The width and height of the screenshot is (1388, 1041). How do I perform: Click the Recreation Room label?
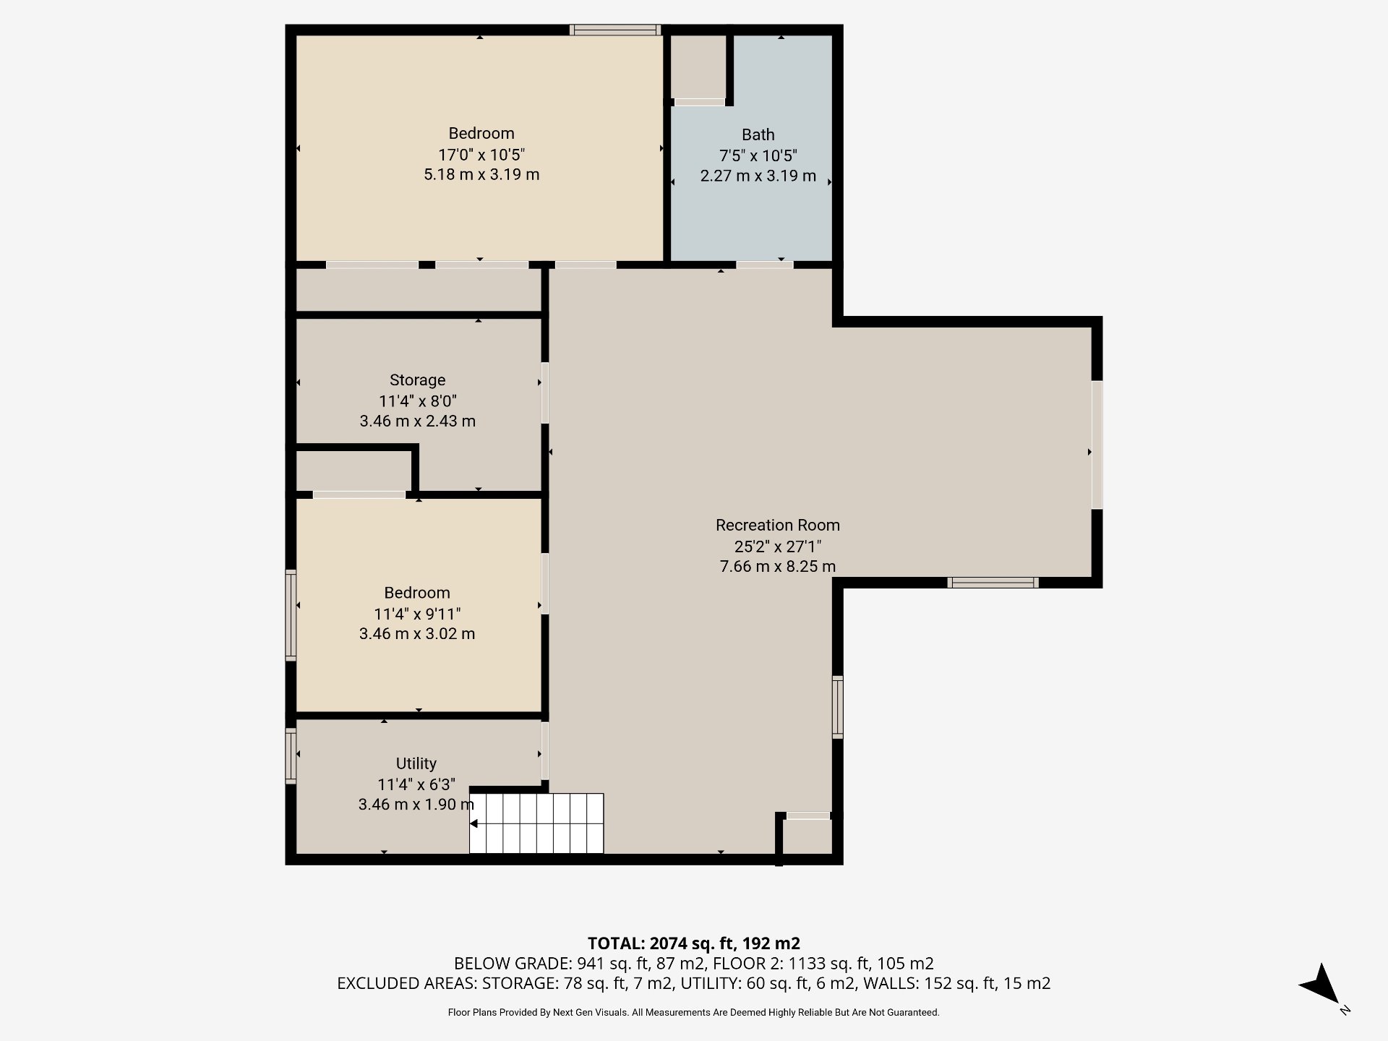(x=777, y=525)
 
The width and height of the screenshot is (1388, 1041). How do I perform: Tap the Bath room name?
(x=758, y=134)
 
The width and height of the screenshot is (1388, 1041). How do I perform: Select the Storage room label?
(x=417, y=380)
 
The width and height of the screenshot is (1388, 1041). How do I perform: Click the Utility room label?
(x=416, y=763)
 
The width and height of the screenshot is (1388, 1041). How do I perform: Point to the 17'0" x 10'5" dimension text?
(x=481, y=154)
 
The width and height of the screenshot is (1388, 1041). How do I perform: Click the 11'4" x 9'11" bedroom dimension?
(x=417, y=614)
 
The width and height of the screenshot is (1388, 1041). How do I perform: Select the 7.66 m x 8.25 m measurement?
(x=777, y=566)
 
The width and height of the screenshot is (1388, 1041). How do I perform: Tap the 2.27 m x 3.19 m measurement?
(x=758, y=176)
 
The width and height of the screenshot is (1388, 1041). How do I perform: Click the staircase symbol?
(x=536, y=823)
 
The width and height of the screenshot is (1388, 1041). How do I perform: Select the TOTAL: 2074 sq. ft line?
(x=693, y=943)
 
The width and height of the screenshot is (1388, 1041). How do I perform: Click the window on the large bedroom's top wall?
(x=614, y=30)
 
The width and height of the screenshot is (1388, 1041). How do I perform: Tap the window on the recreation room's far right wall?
(x=1096, y=445)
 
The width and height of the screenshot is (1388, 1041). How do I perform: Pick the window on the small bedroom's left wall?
(x=291, y=614)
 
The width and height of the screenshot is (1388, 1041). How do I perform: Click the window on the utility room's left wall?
(x=291, y=756)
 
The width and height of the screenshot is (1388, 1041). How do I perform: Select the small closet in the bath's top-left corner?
(x=698, y=67)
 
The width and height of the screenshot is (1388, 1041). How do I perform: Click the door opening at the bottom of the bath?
(x=764, y=265)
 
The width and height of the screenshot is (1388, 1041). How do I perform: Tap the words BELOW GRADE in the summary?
(x=512, y=963)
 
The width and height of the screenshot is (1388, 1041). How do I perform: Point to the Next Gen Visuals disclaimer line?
(x=693, y=1012)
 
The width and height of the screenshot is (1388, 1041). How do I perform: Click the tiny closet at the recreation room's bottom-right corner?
(x=807, y=836)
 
